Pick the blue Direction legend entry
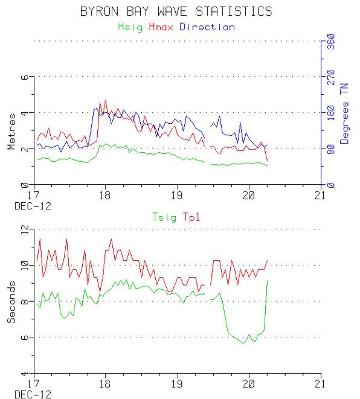(207, 27)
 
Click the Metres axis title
(11, 137)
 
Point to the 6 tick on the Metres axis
(25, 78)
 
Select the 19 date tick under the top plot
(177, 196)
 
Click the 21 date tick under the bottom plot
(320, 383)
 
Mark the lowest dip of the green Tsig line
(243, 343)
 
